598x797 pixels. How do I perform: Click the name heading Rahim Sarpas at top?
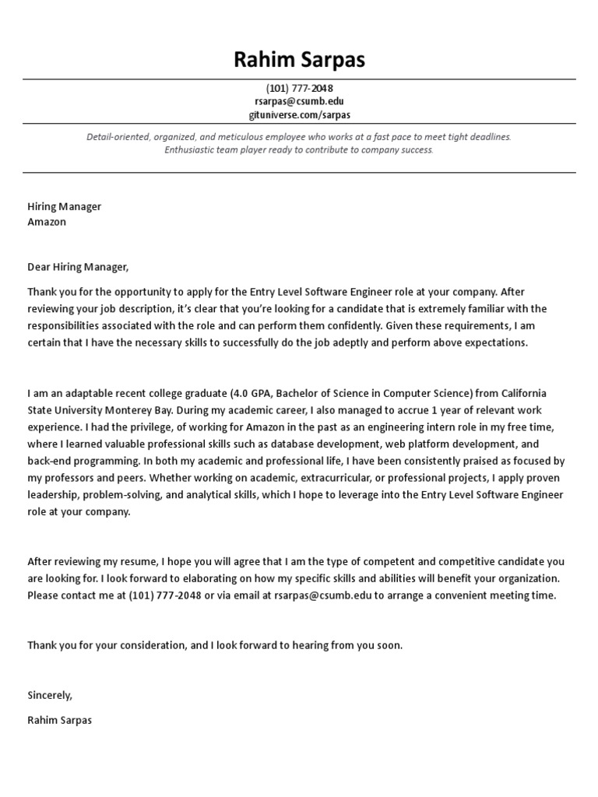click(x=299, y=60)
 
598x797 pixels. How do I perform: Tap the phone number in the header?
click(x=299, y=89)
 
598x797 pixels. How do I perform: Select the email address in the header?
click(x=299, y=101)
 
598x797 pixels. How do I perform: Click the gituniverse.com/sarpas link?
click(x=299, y=114)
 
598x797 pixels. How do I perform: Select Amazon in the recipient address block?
click(x=47, y=222)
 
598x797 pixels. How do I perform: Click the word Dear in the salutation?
click(x=39, y=267)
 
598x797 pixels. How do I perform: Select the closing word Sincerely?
click(x=50, y=695)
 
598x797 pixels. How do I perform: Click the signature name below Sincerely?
click(x=59, y=720)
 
